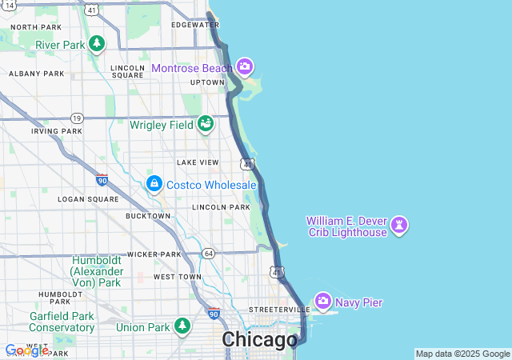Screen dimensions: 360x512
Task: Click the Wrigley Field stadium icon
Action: (206, 124)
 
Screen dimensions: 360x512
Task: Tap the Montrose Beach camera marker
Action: (244, 66)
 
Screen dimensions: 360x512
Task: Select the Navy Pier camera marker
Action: (323, 302)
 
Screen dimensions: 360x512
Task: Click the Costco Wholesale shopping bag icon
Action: (154, 184)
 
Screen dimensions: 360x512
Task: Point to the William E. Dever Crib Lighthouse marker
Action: (400, 226)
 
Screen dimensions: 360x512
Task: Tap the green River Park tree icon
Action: (97, 43)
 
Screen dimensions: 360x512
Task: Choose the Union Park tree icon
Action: (183, 326)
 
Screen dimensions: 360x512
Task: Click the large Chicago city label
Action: (258, 340)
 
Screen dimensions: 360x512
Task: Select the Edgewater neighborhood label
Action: (194, 25)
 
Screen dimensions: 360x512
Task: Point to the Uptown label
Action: (207, 82)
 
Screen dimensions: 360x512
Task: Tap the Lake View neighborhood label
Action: (198, 162)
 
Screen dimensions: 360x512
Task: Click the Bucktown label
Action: (148, 216)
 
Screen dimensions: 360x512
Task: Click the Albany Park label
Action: (36, 74)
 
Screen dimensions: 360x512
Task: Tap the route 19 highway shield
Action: (77, 117)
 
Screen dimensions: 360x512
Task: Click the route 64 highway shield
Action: (209, 254)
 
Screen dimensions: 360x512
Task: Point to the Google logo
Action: (26, 350)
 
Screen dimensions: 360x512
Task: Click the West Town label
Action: (178, 277)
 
